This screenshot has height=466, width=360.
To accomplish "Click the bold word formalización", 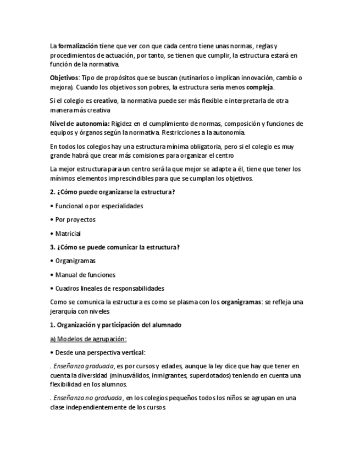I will pyautogui.click(x=78, y=46).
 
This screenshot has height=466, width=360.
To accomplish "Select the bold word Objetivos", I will pyautogui.click(x=64, y=78).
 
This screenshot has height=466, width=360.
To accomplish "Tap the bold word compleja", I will pyautogui.click(x=260, y=87).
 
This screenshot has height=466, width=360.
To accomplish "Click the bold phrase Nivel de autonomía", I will pyautogui.click(x=79, y=124).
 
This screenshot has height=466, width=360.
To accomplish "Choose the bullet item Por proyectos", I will pyautogui.click(x=75, y=220).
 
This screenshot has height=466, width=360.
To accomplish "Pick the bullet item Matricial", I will pyautogui.click(x=68, y=234).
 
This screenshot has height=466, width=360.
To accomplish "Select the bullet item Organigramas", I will pyautogui.click(x=75, y=261).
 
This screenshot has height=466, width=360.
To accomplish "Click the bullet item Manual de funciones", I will pyautogui.click(x=85, y=275).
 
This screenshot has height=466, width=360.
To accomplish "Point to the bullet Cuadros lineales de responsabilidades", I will pyautogui.click(x=109, y=289).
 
